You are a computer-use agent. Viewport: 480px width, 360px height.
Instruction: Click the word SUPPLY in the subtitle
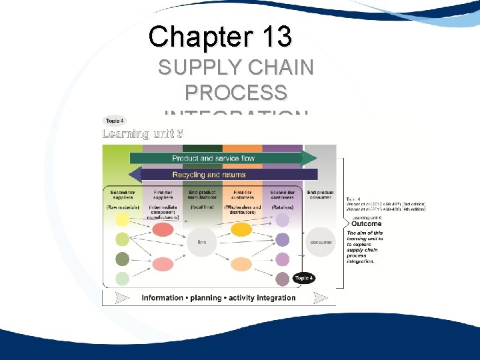point(198,68)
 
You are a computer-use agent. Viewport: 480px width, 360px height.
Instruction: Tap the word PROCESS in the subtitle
point(236,92)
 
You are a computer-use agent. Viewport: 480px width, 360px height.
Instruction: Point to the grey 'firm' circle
point(201,242)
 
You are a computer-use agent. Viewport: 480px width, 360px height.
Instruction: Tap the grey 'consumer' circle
point(320,242)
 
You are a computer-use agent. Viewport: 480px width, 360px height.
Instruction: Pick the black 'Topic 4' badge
point(303,278)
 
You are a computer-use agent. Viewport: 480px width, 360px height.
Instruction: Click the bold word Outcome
point(367,224)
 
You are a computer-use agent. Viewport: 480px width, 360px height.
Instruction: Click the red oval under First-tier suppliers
point(163,230)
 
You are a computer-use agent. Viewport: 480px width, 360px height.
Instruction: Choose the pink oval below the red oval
point(163,265)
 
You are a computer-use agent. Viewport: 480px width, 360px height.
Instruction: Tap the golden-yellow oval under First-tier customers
point(241,230)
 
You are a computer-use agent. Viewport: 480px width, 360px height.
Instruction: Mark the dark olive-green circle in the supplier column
point(122,259)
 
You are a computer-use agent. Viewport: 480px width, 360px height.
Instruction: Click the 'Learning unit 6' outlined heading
point(142,133)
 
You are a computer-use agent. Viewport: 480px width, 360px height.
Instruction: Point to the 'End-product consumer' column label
point(320,195)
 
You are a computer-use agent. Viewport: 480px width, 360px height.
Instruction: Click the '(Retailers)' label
point(282,207)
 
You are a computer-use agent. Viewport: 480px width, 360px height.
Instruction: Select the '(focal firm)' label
point(201,207)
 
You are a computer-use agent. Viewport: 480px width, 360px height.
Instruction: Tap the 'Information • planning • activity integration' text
point(219,298)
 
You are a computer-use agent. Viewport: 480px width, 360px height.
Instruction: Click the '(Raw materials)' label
point(122,207)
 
